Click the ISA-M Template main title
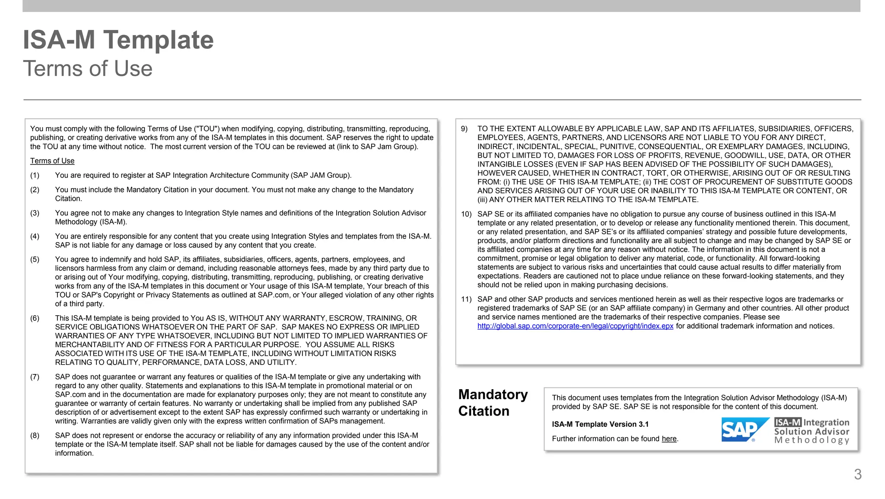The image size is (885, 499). coord(118,40)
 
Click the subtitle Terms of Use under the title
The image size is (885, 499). coord(88,69)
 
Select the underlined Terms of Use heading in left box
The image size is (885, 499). coord(52,161)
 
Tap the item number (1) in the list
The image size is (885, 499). coord(35,175)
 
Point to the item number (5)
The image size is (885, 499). coord(35,259)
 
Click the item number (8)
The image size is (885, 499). coord(35,435)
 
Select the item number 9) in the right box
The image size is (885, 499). coord(464,129)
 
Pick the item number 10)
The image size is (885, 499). coord(466,214)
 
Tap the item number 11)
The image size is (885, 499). coord(466,299)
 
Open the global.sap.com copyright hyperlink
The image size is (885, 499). coord(575,326)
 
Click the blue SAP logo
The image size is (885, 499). coord(744,429)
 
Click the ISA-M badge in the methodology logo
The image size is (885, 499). coord(787,422)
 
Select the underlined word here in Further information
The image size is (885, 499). coord(669,439)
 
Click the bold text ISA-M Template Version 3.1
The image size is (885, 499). coord(600,424)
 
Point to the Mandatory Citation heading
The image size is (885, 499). coord(493,403)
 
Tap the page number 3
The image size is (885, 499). coord(857,474)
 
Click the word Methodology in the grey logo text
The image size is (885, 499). coord(812,440)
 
